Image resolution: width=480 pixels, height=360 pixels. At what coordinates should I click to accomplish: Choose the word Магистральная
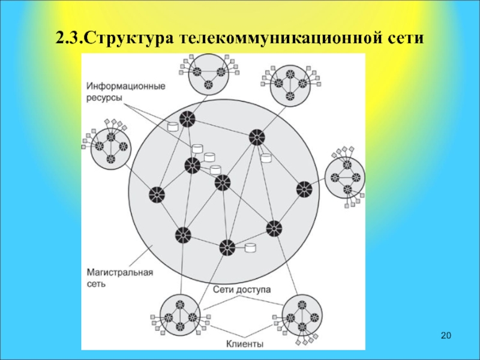coord(119,272)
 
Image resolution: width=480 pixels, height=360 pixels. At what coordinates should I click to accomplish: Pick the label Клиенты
coord(245,344)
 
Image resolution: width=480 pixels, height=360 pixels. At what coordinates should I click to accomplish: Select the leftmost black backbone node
coord(157,194)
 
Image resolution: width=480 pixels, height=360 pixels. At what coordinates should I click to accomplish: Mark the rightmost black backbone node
coord(304,190)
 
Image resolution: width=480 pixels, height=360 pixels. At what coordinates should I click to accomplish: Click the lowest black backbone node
coord(227,247)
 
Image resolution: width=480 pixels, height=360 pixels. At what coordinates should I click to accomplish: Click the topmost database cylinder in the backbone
coord(173,127)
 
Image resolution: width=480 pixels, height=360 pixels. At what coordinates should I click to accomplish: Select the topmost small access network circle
coord(207,74)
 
